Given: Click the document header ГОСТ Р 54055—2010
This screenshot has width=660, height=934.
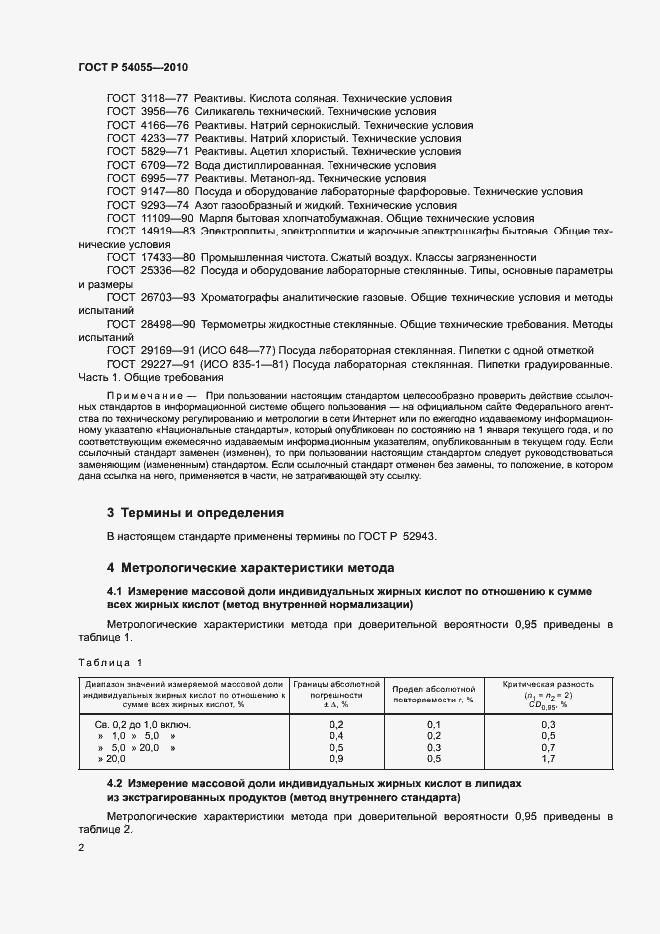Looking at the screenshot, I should click(x=133, y=67).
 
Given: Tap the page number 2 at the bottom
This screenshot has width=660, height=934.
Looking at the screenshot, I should click(x=81, y=848).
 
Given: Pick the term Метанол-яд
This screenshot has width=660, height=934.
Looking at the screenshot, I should click(x=279, y=178).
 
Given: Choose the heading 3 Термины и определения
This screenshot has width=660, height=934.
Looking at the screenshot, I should click(x=195, y=513).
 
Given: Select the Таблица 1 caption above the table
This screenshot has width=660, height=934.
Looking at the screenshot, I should click(x=110, y=662).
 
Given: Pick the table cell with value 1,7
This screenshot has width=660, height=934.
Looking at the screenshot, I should click(x=548, y=759).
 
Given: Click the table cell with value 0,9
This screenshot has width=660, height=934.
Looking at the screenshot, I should click(x=336, y=759).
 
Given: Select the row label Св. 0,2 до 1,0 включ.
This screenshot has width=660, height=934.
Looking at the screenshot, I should click(x=142, y=723).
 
